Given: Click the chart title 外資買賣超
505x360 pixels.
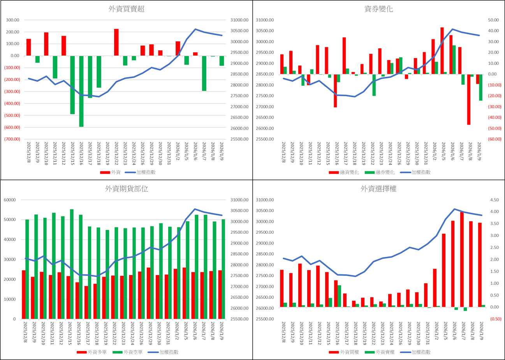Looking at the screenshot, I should point(126,9).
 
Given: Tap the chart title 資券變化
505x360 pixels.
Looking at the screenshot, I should point(378,9).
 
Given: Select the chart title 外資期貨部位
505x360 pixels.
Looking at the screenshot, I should point(126,189).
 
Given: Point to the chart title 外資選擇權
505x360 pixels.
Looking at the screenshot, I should point(378,189).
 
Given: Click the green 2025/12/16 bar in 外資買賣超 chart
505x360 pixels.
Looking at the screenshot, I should point(81,92).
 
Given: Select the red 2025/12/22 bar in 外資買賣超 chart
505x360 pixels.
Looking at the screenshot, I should point(116,42).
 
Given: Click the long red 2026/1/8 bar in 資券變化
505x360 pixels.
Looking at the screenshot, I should point(469,99).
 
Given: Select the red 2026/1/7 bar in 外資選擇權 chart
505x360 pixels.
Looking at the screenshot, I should point(462,259).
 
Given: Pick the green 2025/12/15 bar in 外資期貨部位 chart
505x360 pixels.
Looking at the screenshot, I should point(72,264).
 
